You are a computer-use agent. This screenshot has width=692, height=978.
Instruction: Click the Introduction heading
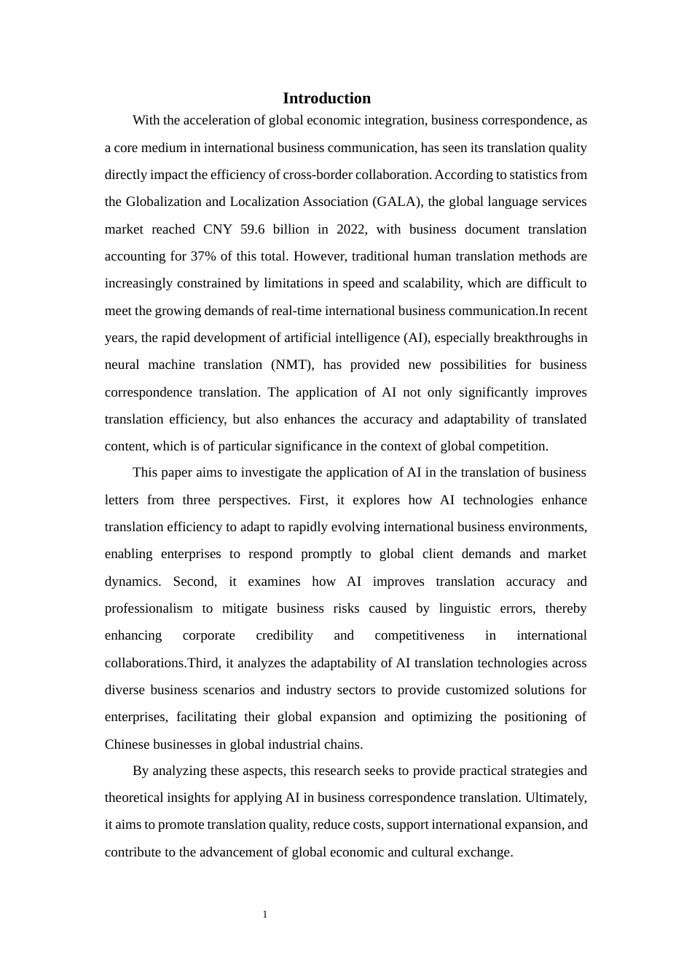click(x=326, y=98)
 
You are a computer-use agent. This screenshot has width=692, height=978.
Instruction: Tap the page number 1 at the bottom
click(x=265, y=915)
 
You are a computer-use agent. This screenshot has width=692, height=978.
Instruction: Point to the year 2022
click(x=352, y=229)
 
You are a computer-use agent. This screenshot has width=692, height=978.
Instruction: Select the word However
click(x=319, y=256)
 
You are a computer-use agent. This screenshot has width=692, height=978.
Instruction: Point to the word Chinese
click(x=127, y=744)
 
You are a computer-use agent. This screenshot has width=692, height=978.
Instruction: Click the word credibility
click(x=284, y=635)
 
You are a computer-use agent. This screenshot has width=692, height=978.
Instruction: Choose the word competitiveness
click(x=419, y=635)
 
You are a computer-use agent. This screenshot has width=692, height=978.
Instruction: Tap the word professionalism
click(x=149, y=608)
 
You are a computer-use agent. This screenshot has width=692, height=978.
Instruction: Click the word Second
click(x=194, y=581)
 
